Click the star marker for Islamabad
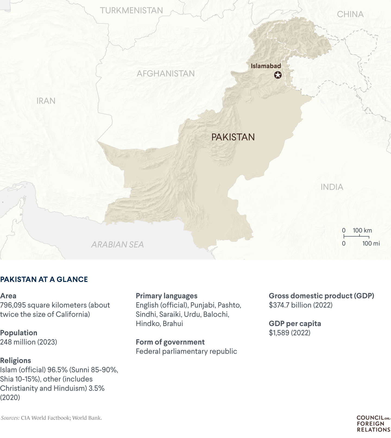278,75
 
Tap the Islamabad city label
266,66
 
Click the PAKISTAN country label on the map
233,137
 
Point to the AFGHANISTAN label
166,74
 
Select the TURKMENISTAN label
131,11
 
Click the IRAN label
46,101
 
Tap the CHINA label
350,14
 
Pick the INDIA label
332,187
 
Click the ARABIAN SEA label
117,245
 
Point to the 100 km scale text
362,231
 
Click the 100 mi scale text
371,243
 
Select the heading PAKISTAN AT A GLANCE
44,279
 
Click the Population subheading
19,333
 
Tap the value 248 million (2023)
29,342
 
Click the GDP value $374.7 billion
301,305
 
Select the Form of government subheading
170,342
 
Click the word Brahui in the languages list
173,324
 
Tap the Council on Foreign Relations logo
373,424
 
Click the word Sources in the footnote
10,418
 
